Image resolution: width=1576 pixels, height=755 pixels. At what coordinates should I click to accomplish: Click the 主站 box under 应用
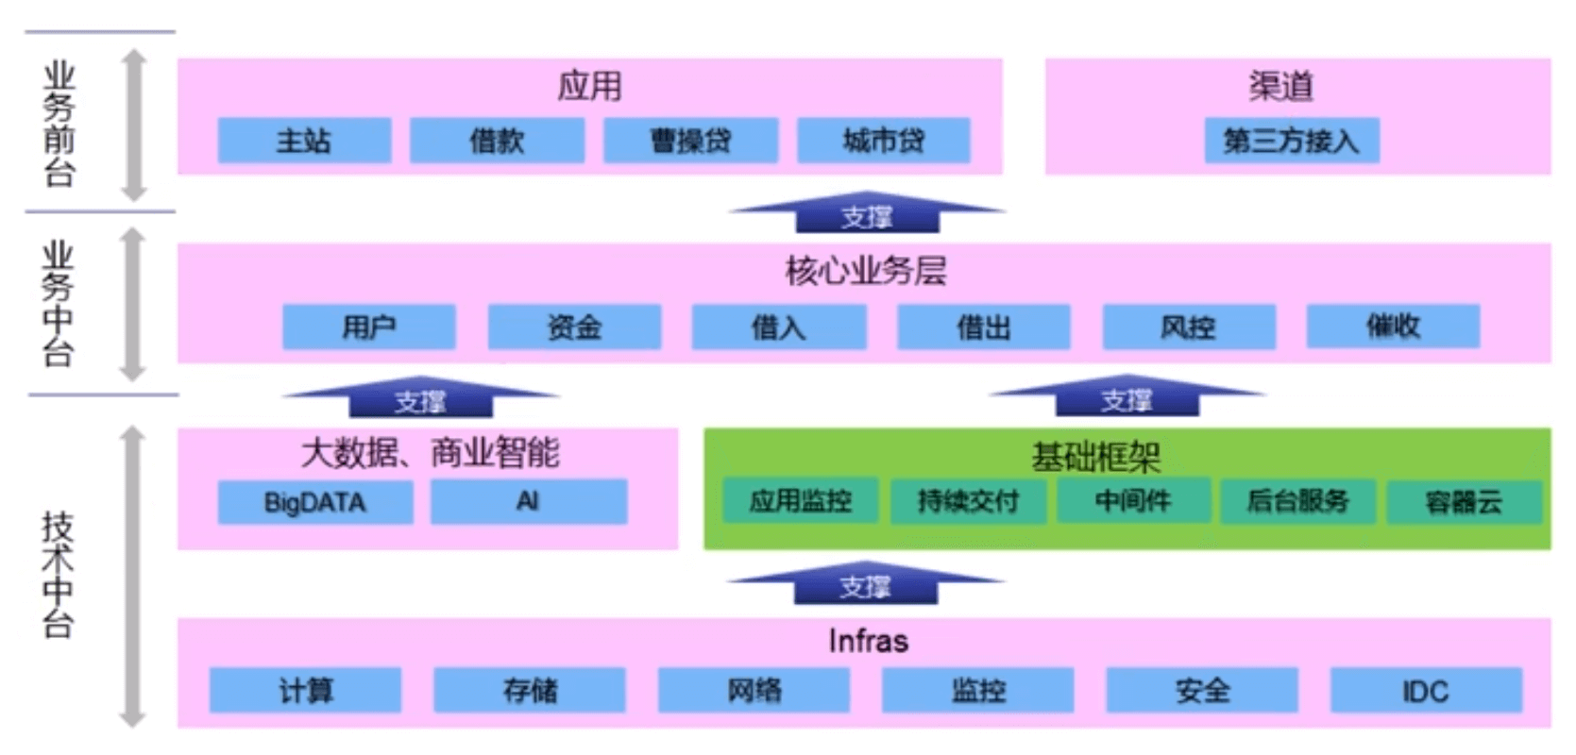pos(304,141)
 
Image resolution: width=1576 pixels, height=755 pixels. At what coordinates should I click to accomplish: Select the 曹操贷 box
pos(690,141)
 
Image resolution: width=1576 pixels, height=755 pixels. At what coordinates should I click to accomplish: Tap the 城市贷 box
pos(883,141)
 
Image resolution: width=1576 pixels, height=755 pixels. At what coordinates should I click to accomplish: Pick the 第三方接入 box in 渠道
pos(1291,141)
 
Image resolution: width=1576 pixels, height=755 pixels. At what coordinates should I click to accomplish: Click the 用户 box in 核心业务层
pos(368,327)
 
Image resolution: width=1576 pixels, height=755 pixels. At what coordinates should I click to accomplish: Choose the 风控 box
pos(1188,327)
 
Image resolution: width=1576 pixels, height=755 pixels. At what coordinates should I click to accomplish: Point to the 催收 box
pos(1393,326)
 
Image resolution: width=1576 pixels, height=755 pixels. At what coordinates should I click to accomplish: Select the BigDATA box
pos(314,501)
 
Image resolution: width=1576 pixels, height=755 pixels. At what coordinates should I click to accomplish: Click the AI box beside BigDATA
pos(528,501)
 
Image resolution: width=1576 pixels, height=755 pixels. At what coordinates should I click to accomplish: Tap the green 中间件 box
pos(1132,500)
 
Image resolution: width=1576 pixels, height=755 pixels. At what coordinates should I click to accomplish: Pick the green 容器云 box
pos(1463,501)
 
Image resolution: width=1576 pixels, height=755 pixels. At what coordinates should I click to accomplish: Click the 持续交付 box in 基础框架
pos(967,500)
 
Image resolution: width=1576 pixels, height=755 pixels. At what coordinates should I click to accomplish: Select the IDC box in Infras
pos(1425,690)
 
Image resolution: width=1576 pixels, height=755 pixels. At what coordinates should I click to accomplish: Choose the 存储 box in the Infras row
pos(530,690)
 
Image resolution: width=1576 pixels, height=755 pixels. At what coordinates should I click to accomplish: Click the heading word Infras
pos(868,641)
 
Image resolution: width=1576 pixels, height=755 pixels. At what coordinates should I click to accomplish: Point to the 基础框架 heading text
pos(1095,457)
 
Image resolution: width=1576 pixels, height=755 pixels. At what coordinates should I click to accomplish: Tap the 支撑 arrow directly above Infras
pos(865,585)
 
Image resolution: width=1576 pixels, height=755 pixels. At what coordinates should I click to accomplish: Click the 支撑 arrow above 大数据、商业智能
pos(420,400)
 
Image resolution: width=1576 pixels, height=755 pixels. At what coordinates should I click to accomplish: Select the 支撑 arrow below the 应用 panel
pos(867,215)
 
